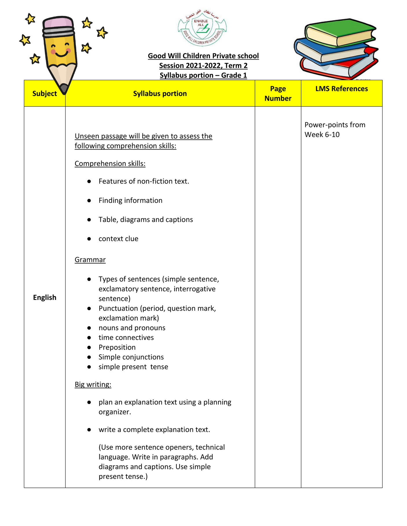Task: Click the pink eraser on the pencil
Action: (58, 22)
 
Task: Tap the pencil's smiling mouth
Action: (61, 54)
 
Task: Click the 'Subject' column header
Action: (45, 94)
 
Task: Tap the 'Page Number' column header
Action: (278, 93)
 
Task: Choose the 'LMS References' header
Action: (342, 89)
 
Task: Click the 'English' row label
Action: (45, 298)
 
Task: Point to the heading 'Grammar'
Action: (90, 260)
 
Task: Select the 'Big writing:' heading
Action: (93, 384)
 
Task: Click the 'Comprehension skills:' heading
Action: (110, 164)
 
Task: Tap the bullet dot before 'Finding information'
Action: (89, 200)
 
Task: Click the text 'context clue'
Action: (118, 239)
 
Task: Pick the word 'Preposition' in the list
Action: (117, 347)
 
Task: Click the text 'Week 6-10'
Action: (322, 135)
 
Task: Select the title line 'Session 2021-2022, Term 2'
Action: (203, 66)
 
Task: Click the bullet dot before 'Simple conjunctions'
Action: (89, 357)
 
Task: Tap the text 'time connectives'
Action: (126, 337)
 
